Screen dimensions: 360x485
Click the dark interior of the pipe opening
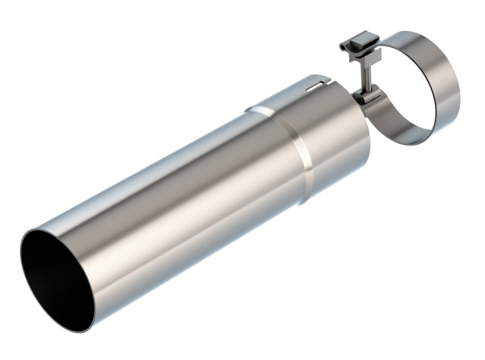(61, 273)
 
